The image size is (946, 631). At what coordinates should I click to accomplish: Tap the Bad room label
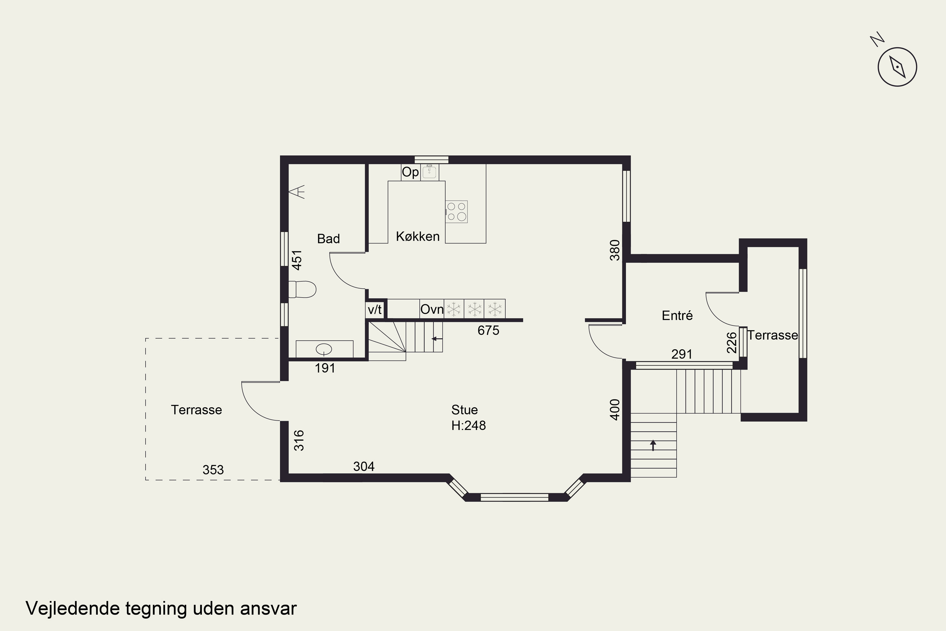click(328, 239)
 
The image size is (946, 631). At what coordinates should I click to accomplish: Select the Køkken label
click(418, 236)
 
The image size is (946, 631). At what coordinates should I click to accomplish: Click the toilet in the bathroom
click(302, 289)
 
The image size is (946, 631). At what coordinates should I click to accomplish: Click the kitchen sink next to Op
click(429, 172)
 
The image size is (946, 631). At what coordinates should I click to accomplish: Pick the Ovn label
click(432, 309)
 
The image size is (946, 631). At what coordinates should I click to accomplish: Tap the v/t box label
click(375, 310)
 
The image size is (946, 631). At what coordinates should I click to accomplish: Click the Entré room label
click(677, 315)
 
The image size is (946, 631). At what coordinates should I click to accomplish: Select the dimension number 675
click(488, 330)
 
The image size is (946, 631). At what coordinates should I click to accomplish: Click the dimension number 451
click(297, 260)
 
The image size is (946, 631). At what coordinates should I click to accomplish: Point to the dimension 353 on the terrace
click(213, 470)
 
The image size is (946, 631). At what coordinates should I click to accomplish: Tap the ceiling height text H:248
click(469, 425)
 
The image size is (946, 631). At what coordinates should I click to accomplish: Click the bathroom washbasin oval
click(324, 349)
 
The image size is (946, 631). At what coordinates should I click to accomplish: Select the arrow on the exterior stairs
click(653, 445)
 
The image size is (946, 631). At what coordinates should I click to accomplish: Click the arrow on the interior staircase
click(437, 339)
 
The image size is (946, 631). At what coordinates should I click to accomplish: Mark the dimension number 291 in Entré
click(682, 354)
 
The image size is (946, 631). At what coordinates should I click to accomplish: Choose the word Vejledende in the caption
click(73, 608)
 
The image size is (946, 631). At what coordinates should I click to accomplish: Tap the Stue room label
click(464, 410)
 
